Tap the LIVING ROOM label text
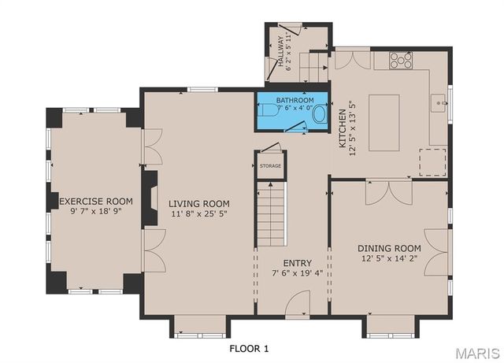click(199, 203)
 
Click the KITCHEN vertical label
click(343, 128)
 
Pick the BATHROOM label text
click(295, 101)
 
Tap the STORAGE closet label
click(270, 166)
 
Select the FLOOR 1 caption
click(249, 348)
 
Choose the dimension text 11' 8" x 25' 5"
click(199, 213)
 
